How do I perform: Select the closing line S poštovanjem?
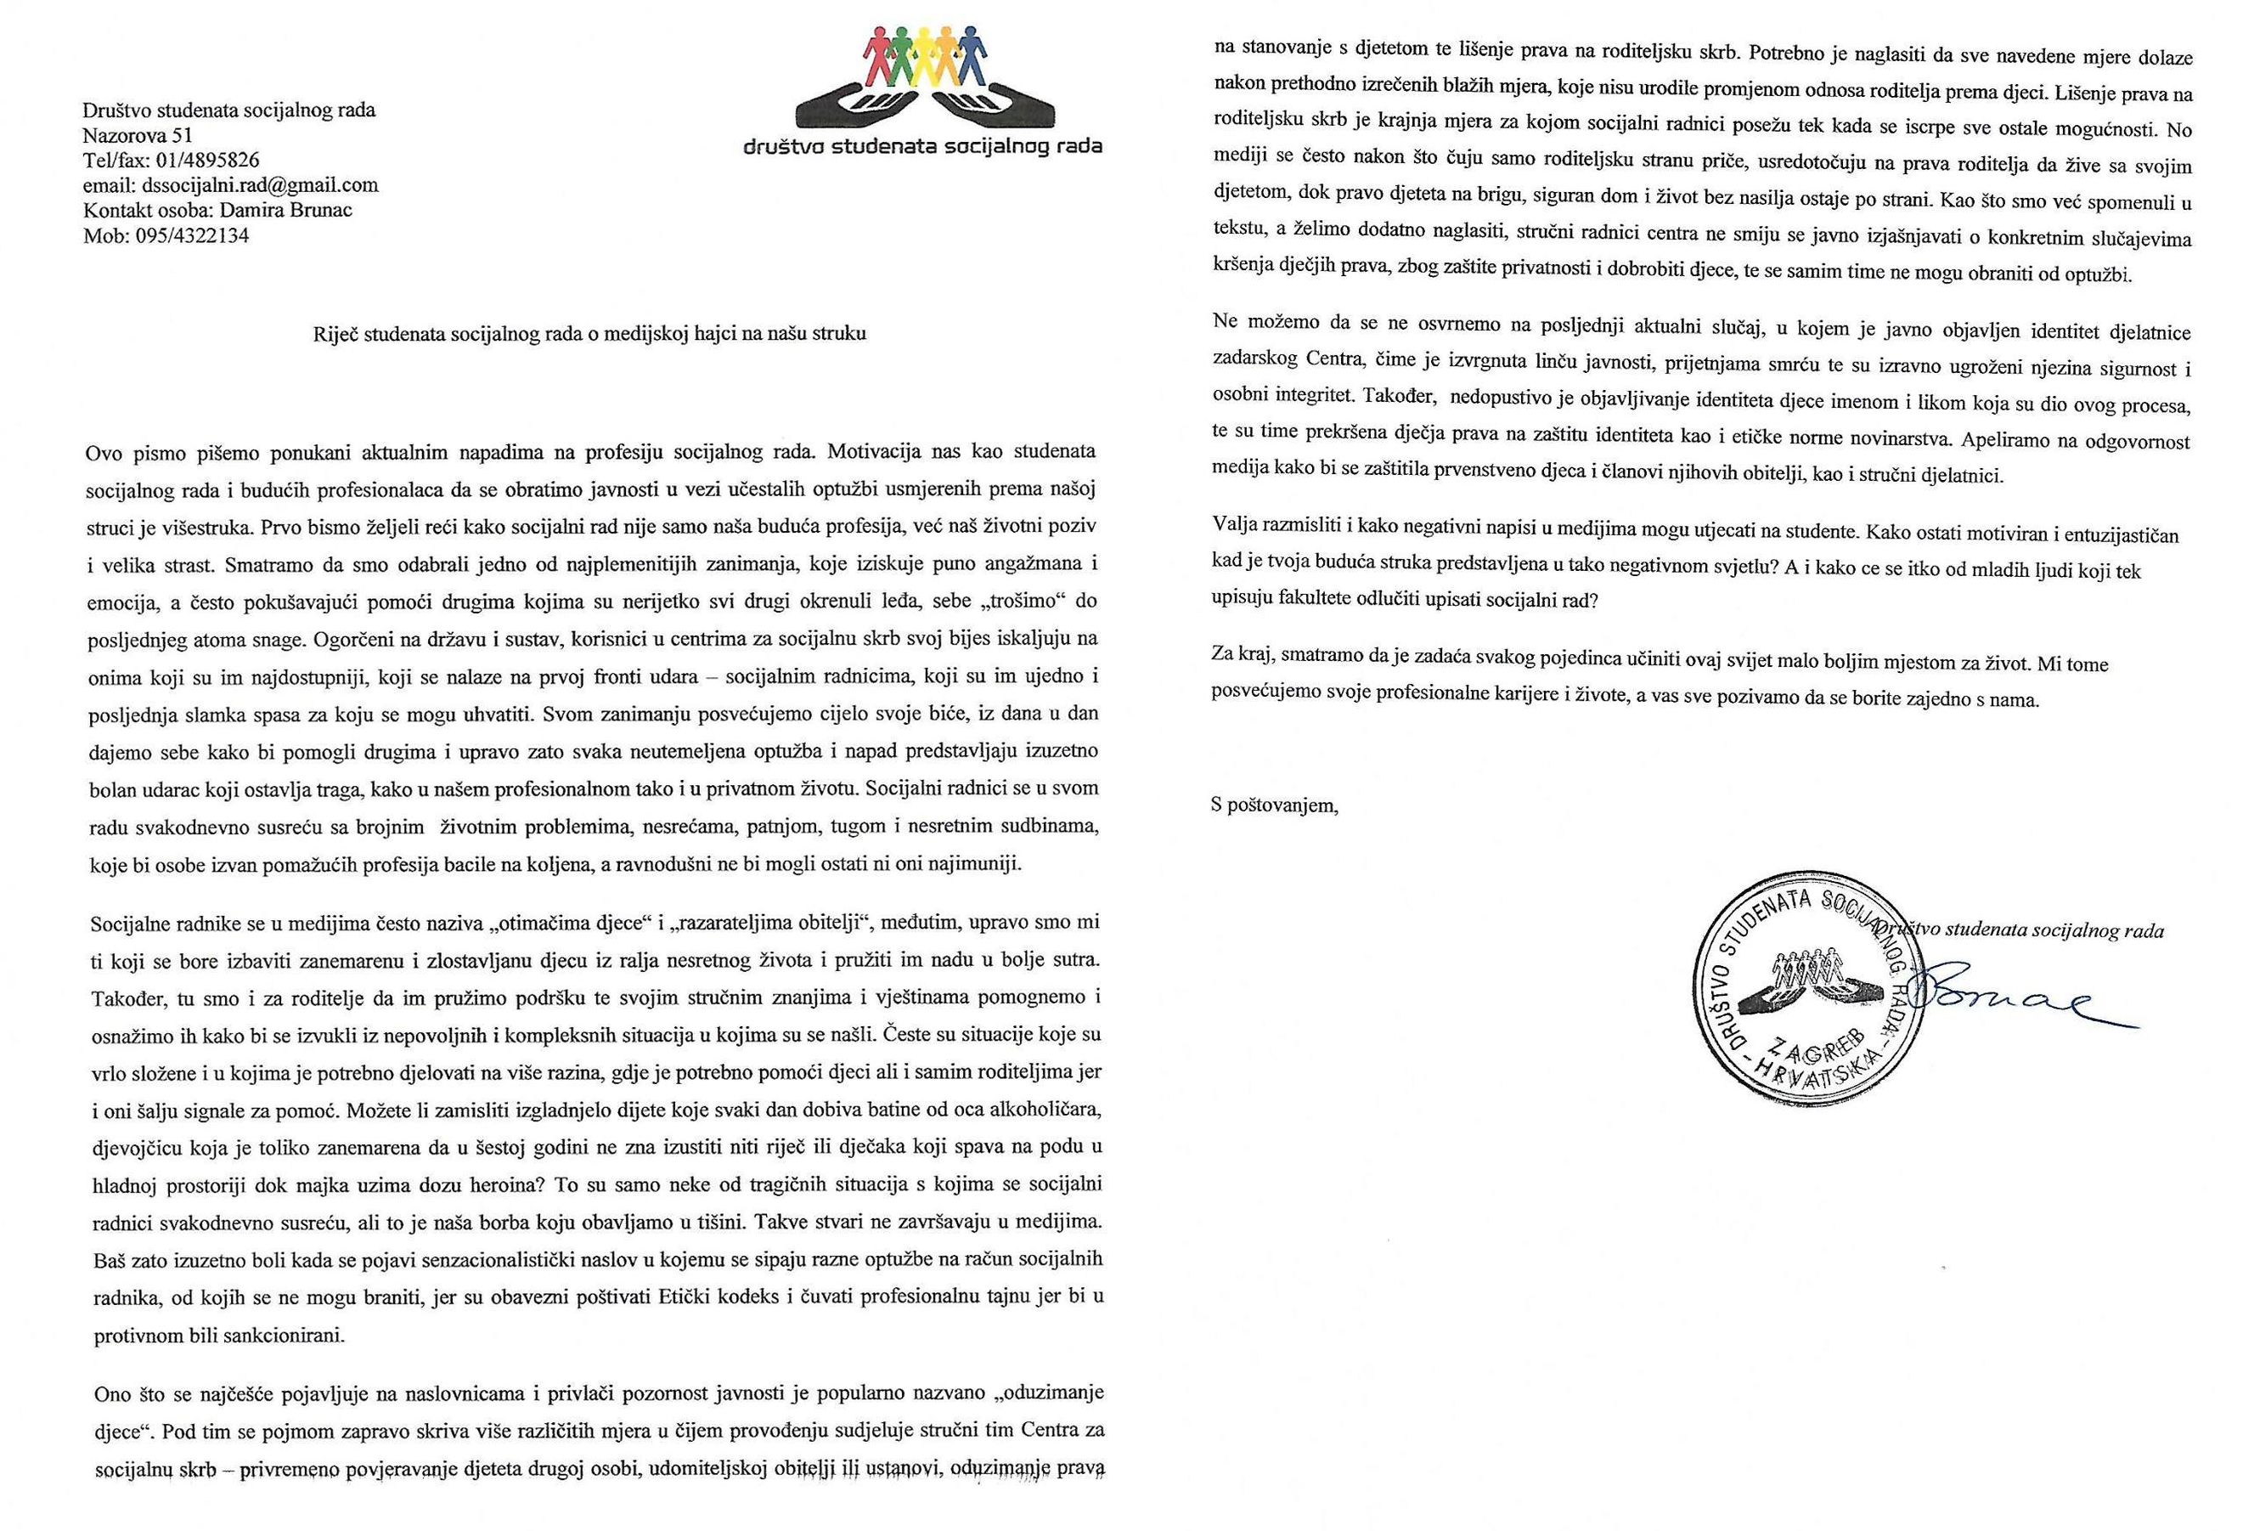(x=1275, y=805)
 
